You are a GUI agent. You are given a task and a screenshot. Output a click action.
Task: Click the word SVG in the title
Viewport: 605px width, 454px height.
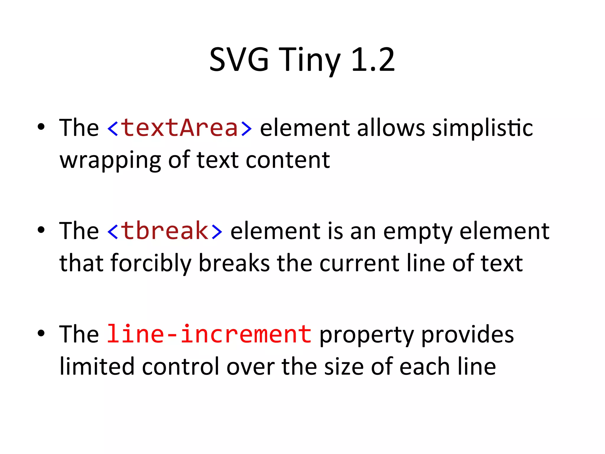tap(239, 60)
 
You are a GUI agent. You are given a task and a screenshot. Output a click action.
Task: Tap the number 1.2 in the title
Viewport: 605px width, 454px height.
tap(373, 60)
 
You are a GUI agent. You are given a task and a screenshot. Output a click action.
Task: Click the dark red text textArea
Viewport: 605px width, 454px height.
tap(179, 128)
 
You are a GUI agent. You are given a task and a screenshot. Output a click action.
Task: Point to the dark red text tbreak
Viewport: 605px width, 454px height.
tap(165, 231)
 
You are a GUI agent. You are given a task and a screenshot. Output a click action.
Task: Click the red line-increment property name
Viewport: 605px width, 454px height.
tap(209, 335)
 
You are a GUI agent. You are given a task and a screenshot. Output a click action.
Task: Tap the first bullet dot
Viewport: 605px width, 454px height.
tap(41, 127)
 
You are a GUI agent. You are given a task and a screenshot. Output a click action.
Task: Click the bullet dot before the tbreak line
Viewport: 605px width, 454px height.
tap(41, 230)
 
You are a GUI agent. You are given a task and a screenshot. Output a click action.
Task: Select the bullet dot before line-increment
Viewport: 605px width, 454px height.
tap(41, 333)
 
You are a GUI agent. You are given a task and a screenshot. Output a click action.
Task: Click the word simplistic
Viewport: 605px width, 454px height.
tap(482, 129)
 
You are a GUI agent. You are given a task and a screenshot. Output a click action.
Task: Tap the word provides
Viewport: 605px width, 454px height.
tap(467, 335)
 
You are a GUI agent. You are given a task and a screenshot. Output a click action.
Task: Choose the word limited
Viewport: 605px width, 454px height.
tap(97, 367)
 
